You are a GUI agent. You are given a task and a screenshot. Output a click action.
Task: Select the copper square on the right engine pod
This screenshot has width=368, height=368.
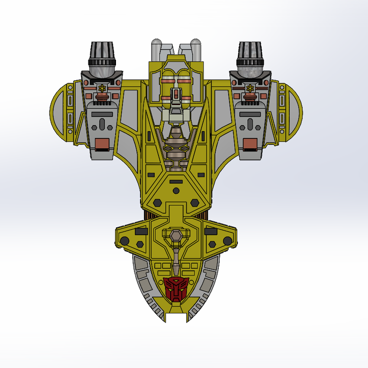click(x=250, y=144)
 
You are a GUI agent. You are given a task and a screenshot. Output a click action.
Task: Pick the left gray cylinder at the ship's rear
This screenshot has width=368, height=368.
click(x=158, y=50)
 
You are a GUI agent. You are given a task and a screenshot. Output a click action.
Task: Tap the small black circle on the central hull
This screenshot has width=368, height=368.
click(x=176, y=191)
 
